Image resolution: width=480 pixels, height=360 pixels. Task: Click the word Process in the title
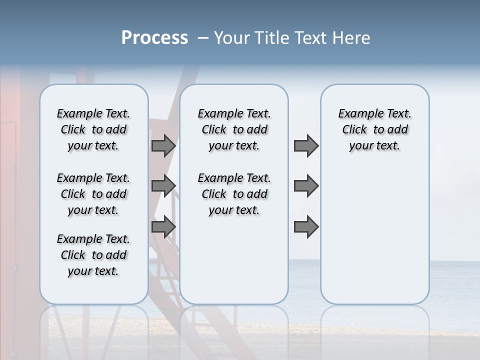coord(154,38)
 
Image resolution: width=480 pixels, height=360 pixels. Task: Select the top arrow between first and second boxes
coord(163,146)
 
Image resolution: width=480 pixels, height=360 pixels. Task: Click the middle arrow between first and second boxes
coord(163,186)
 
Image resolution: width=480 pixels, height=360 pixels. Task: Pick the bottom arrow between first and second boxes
coord(163,227)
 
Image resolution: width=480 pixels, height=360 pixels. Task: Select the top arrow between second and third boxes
coord(306,146)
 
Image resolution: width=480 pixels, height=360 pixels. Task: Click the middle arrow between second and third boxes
coord(306,186)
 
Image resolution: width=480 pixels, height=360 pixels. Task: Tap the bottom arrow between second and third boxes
coord(306,227)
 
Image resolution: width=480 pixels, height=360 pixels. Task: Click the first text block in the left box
coord(93,129)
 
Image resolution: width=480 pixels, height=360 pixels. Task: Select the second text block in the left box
coord(93,194)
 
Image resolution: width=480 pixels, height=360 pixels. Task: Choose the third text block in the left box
coord(93,255)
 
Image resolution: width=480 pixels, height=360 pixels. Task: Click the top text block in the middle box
coord(234,129)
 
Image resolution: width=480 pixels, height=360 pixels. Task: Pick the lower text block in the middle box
coord(234,194)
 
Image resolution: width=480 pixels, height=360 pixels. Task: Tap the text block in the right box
coord(374,129)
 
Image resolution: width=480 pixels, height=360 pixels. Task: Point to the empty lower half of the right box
coord(374,235)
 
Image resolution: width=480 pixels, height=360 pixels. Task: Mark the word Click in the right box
coord(354,129)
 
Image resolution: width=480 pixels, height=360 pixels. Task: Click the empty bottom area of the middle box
coord(234,265)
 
